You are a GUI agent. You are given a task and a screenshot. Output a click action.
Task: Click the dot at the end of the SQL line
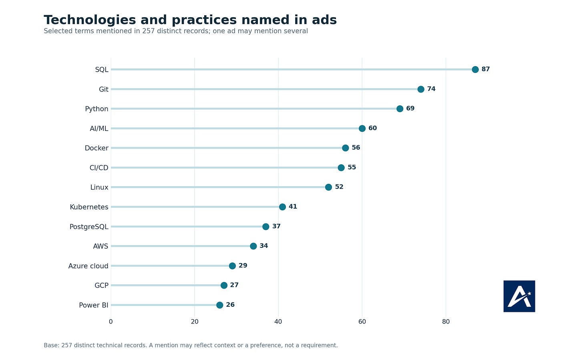click(x=475, y=70)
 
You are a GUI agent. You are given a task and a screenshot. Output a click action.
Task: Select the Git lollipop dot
click(x=420, y=89)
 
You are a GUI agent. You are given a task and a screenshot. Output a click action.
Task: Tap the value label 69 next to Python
click(x=410, y=108)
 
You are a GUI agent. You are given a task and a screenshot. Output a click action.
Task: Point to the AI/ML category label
click(x=99, y=129)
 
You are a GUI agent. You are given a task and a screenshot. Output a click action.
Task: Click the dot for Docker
click(x=346, y=148)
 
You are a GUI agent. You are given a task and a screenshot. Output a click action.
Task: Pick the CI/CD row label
click(x=99, y=168)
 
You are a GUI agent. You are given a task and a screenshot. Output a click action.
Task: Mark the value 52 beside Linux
click(x=339, y=187)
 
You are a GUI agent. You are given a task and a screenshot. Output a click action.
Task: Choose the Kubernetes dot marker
click(x=282, y=207)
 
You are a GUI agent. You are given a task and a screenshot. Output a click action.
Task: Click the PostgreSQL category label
click(x=89, y=227)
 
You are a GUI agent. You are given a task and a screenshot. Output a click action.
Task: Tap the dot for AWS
click(x=253, y=246)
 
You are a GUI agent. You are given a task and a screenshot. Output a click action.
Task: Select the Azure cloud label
click(x=88, y=266)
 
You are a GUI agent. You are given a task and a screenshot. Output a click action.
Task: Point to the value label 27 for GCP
click(x=234, y=285)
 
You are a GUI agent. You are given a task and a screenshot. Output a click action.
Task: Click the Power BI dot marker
click(x=220, y=305)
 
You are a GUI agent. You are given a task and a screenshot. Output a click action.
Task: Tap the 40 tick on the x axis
click(x=278, y=322)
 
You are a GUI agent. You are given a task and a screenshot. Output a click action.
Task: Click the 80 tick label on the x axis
click(x=446, y=322)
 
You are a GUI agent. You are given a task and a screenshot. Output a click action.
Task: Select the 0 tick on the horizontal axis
click(x=111, y=322)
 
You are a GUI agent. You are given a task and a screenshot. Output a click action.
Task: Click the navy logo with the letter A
click(x=519, y=296)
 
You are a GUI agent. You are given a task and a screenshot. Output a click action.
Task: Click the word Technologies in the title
click(x=90, y=20)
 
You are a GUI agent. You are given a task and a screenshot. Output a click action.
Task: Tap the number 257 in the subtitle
click(x=148, y=31)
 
